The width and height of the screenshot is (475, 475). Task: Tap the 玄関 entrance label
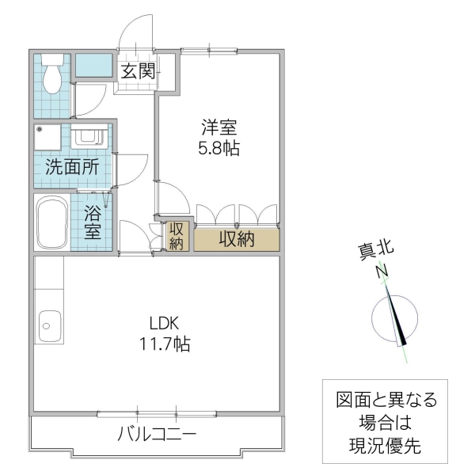(137, 70)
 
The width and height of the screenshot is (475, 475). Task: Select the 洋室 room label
(218, 127)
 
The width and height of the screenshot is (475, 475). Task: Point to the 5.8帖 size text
(218, 147)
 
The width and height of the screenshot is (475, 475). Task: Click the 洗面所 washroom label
(71, 167)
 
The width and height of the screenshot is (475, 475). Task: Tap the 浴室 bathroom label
(93, 222)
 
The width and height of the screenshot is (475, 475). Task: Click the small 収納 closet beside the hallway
(177, 236)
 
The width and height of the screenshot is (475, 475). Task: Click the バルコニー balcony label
(157, 434)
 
